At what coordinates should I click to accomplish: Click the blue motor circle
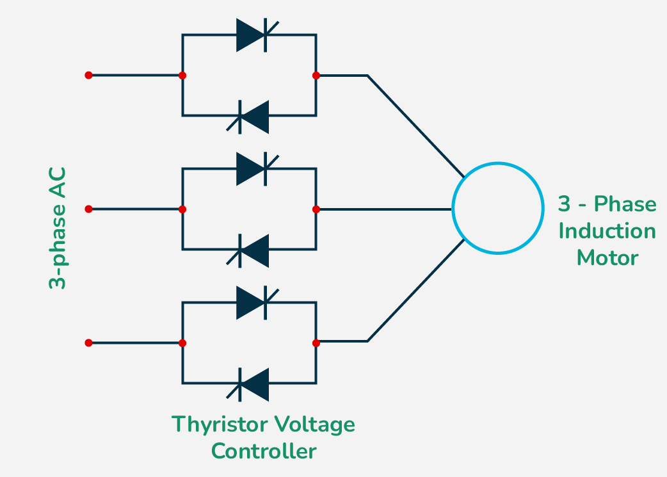click(497, 209)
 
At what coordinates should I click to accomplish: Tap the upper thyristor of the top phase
click(252, 35)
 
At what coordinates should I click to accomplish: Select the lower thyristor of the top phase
click(252, 116)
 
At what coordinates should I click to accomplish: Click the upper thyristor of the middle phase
click(252, 168)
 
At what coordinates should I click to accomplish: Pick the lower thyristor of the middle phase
click(252, 250)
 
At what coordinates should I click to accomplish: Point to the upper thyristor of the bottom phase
click(252, 302)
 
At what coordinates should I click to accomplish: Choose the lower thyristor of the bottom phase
click(252, 384)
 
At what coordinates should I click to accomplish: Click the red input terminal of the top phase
click(88, 75)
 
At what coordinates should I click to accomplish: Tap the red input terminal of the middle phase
click(88, 209)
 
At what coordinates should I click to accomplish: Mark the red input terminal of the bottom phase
click(88, 343)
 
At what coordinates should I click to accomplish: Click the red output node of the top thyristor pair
click(316, 75)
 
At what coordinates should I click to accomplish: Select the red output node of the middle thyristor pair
click(316, 209)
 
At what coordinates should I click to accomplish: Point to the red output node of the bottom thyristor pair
click(316, 343)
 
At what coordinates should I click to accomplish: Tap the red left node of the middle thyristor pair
click(182, 209)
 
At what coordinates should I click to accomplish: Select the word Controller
click(264, 451)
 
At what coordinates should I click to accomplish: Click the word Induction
click(607, 231)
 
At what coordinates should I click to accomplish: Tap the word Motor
click(607, 257)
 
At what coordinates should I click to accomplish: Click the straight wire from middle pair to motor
click(384, 209)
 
